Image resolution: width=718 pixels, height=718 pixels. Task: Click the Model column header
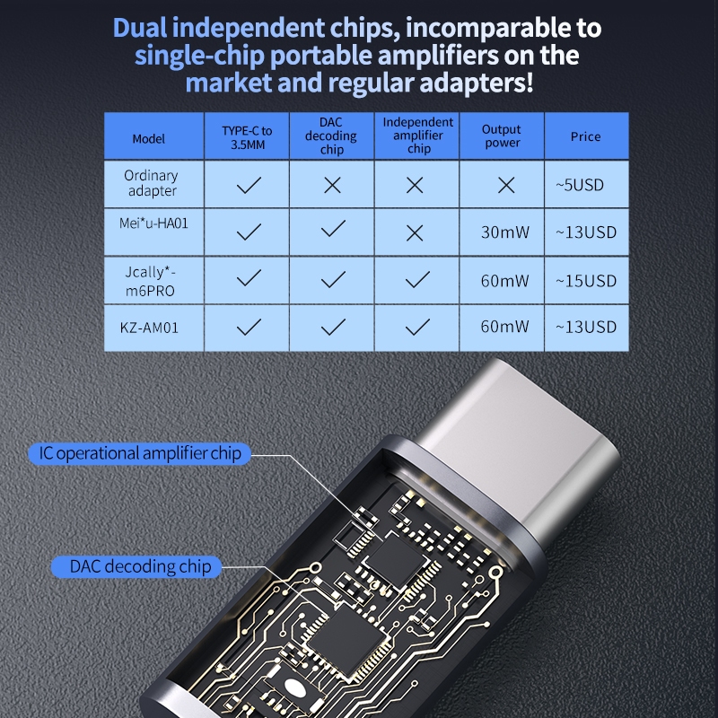coord(149,138)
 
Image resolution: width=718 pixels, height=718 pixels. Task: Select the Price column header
coord(585,137)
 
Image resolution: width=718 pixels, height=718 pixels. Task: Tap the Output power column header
coord(501,136)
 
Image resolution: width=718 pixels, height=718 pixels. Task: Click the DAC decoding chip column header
coord(332,136)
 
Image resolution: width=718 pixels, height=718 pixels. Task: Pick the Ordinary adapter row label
coord(151,183)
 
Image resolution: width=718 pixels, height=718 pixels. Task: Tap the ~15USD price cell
coord(585,281)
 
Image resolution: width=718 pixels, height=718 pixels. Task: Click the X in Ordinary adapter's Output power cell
coord(506,185)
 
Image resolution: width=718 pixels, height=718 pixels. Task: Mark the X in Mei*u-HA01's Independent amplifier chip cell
coord(414,232)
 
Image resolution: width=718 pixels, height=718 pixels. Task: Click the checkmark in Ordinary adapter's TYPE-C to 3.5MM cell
coord(248,185)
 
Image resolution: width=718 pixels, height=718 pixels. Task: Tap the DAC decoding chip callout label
coord(141,566)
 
